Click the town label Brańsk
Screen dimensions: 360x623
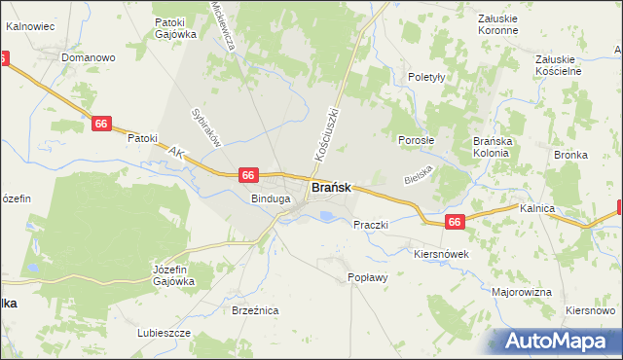[331, 188]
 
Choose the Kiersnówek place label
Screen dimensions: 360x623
[442, 253]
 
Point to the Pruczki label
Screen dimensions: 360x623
[371, 225]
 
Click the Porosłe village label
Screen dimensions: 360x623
[417, 139]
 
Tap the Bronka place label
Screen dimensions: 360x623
[570, 155]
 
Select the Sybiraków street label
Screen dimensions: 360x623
[206, 126]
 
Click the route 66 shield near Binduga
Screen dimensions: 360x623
[248, 175]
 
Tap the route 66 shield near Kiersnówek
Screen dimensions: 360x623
[455, 223]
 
